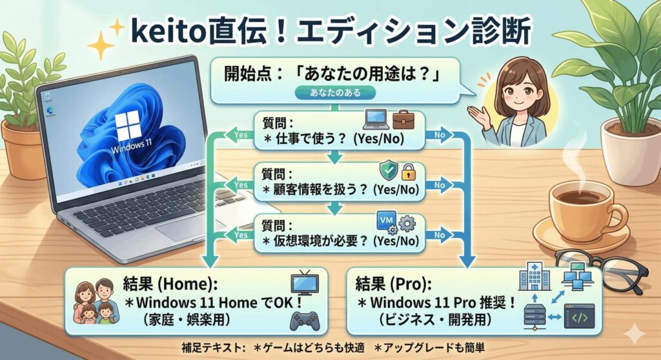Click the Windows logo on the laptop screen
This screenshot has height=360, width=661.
tap(128, 126)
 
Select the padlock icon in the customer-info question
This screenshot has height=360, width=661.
tap(408, 172)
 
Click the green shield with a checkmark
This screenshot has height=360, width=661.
tap(388, 170)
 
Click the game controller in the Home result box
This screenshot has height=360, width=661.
tap(305, 321)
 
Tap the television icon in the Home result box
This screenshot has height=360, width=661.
tap(305, 283)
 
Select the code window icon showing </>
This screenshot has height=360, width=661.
tap(579, 317)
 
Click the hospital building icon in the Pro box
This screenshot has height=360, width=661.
tap(535, 276)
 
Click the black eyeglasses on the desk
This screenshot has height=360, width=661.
tap(603, 270)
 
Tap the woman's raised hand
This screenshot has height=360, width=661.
tap(480, 116)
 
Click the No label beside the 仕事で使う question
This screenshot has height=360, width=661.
tap(440, 135)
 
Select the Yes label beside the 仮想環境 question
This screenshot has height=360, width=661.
tap(241, 235)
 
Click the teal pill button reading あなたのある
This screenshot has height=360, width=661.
tap(335, 93)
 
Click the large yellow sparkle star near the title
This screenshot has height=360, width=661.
tap(100, 45)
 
